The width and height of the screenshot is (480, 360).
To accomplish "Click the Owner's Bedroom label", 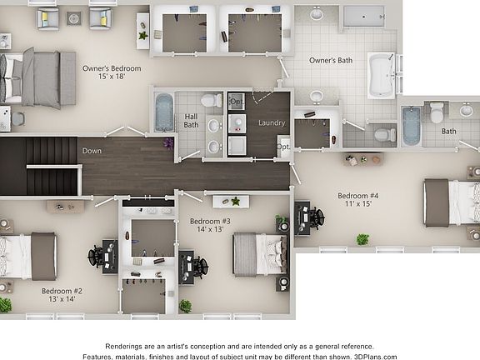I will [x=111, y=68].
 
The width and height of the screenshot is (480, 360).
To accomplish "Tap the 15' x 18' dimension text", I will [x=110, y=77].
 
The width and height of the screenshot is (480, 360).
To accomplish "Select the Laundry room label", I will [x=272, y=123].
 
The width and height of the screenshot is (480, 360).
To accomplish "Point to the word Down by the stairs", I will [x=92, y=151].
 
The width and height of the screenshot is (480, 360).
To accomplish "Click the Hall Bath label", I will [x=191, y=120].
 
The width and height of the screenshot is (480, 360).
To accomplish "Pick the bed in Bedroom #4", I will [x=448, y=202].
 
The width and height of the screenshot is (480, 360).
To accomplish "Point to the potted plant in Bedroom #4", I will [x=362, y=239].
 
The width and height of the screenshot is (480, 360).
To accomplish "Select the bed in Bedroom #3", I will [x=257, y=253].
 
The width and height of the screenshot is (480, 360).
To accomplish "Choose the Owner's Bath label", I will [x=331, y=61].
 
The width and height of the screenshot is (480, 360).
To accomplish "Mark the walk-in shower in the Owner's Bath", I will [x=363, y=16].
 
